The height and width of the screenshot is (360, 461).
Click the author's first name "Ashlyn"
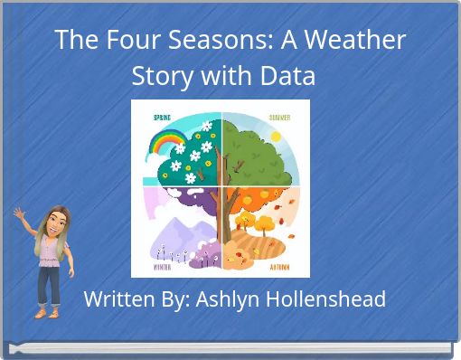click(224, 298)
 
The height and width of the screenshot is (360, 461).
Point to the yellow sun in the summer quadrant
click(275, 136)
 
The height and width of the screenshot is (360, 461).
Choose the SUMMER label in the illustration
click(279, 118)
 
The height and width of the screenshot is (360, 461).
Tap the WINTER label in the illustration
click(164, 267)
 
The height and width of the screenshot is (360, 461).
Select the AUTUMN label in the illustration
click(279, 267)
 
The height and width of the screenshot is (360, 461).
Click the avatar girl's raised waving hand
click(19, 213)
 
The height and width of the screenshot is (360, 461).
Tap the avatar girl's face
click(49, 220)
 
